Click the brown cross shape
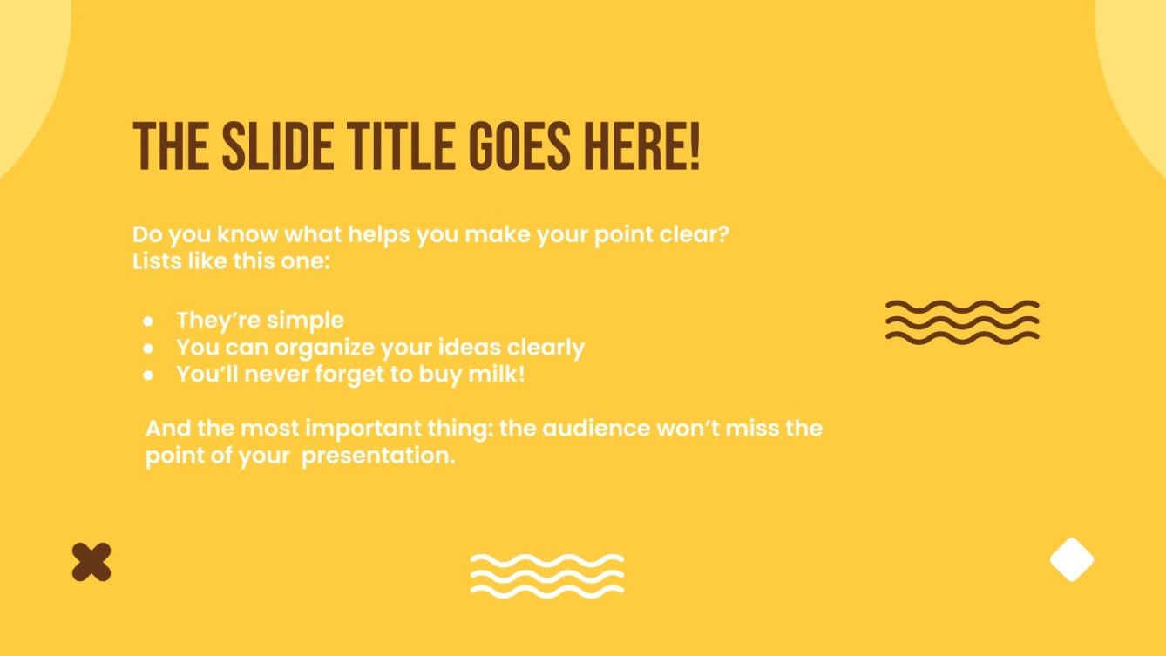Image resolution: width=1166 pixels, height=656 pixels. tap(92, 562)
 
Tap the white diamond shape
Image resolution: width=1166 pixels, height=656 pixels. tap(1071, 559)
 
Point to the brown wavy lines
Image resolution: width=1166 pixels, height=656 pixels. tap(962, 321)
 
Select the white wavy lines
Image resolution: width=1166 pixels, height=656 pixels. tap(547, 575)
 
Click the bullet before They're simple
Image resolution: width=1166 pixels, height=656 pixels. tap(149, 321)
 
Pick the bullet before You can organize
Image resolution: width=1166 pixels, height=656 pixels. tap(149, 348)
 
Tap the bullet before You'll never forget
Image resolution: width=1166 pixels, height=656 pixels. tap(149, 375)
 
